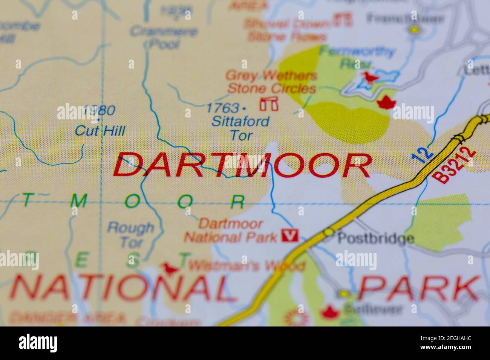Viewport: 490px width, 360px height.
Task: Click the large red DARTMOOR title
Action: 242,165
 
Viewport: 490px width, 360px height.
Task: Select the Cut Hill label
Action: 100,131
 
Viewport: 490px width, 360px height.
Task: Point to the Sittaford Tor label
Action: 240,128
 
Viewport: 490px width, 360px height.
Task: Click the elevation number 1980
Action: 99,110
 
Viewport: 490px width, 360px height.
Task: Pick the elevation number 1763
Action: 222,108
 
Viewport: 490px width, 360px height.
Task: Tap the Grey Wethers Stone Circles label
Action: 271,82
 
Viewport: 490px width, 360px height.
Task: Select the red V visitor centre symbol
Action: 290,236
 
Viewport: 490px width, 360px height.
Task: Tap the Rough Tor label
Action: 131,234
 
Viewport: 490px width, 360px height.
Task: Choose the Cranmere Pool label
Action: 163,37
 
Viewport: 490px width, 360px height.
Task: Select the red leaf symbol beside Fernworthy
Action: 386,102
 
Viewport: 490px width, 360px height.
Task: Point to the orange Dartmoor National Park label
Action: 231,230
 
